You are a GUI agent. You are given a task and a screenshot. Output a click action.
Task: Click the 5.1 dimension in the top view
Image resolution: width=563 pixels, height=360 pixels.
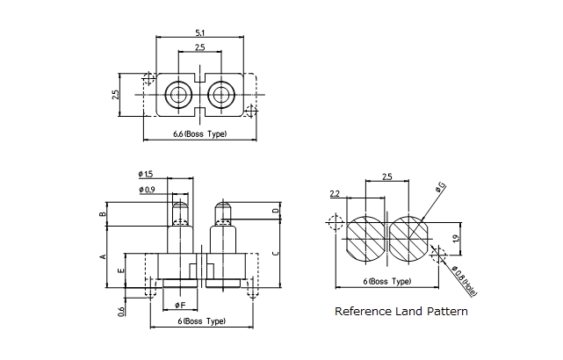point(200,32)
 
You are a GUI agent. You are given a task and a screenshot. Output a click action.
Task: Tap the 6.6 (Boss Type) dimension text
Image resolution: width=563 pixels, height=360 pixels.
point(200,133)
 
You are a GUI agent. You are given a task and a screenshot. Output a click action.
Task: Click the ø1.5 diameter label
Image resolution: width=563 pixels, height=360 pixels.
point(146,174)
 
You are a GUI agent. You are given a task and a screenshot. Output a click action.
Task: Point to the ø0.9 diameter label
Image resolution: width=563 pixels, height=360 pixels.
point(147,190)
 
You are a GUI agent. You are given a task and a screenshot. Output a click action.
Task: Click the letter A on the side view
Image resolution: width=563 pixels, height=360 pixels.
point(103,256)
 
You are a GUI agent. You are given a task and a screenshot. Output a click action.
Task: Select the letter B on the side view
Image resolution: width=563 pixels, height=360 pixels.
point(103,213)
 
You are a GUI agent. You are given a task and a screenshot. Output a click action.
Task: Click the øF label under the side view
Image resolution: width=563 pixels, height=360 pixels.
point(179,304)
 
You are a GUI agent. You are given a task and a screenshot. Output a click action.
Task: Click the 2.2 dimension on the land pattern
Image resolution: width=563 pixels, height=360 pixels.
point(335,194)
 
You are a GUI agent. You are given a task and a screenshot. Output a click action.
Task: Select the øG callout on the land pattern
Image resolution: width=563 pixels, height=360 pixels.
point(439,186)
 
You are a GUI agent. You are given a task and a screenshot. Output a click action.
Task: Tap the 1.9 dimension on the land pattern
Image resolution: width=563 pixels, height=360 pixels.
point(455,239)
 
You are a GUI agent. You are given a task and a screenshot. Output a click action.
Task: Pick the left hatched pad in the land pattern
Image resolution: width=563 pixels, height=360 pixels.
point(364,238)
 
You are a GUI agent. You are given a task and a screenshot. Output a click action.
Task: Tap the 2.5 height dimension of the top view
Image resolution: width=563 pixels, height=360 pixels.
point(116,94)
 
